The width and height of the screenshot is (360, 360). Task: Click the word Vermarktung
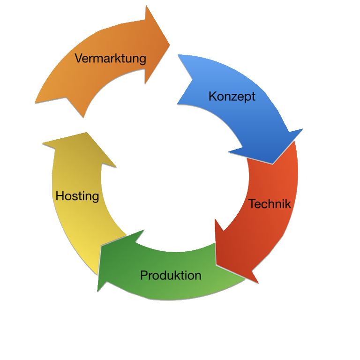coord(110,59)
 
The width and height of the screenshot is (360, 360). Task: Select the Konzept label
coord(232,97)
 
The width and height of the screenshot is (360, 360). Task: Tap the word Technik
coord(270,204)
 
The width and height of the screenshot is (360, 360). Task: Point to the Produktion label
coord(171,275)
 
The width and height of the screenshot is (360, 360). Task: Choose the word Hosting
coord(77,196)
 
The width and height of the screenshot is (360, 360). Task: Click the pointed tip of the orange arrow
coord(169,45)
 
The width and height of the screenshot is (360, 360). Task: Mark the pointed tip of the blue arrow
coord(272,164)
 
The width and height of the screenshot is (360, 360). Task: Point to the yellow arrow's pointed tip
coord(87,133)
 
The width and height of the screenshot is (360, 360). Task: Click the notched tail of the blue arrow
coord(192,80)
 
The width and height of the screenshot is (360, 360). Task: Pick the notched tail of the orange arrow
coord(67,97)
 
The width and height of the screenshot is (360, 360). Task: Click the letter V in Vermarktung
coord(79,58)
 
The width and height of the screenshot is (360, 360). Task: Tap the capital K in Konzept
coord(212,96)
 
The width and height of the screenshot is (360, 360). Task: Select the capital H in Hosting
coord(60,196)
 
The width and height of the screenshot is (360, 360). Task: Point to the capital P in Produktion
coord(144,275)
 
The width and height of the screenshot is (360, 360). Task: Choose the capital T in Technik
coord(252,204)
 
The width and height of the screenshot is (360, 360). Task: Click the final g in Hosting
coord(96,198)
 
